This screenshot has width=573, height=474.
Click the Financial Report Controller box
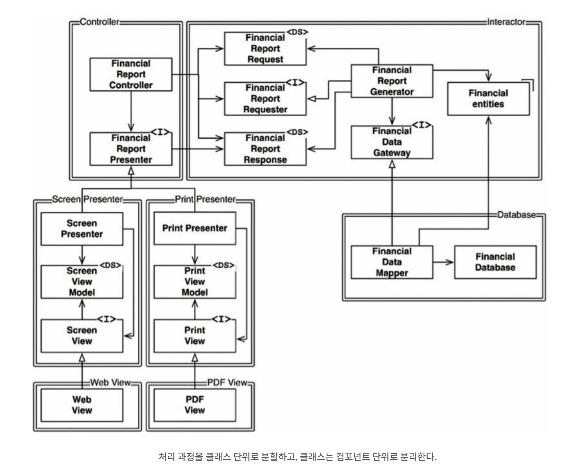point(131,74)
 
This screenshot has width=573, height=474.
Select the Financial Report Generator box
point(392,81)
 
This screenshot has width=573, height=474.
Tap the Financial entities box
point(489,98)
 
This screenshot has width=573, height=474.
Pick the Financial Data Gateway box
point(392,142)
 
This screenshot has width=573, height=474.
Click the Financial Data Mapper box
point(392,262)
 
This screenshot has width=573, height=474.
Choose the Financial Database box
point(495,262)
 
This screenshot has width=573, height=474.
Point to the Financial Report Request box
point(265,48)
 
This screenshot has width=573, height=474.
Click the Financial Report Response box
point(265,149)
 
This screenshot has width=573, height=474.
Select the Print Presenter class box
point(195,228)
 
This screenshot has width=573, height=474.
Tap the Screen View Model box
point(82,282)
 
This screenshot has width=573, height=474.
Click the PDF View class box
point(195,405)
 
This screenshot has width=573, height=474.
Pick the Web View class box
point(82,405)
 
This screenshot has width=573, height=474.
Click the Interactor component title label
point(506,22)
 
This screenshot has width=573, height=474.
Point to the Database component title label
point(517,215)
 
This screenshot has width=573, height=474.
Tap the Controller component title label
point(99,22)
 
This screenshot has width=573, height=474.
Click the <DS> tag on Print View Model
point(224,265)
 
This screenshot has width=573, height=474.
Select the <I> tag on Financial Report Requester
point(295,82)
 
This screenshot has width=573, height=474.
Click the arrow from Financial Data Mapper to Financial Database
point(443,262)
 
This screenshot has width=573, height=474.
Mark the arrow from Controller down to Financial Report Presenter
point(131,111)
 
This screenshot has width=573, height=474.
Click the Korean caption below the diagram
point(298,456)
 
